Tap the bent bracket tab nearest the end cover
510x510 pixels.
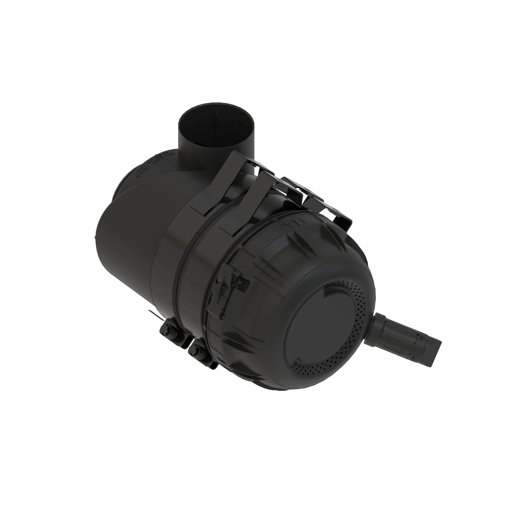pyautogui.click(x=340, y=216)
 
